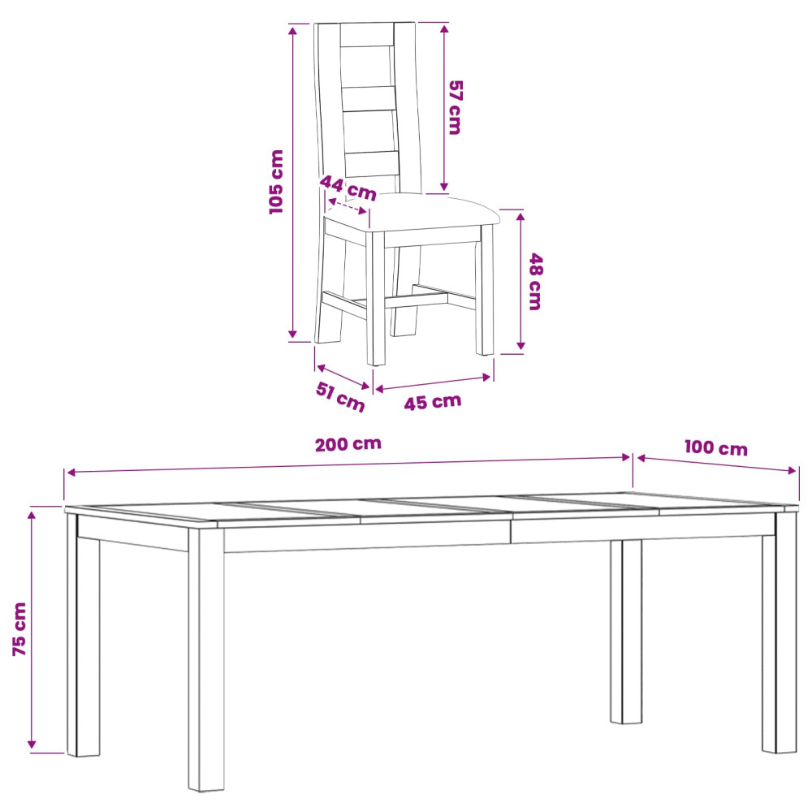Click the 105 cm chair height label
tap(277, 182)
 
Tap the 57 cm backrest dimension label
tap(455, 107)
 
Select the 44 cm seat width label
tap(348, 188)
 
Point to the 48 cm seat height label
tap(535, 282)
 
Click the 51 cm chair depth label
tap(340, 397)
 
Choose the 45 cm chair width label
tap(433, 402)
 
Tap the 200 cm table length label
tap(348, 444)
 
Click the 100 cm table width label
tap(716, 448)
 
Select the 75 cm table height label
tap(19, 629)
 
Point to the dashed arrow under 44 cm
tap(348, 206)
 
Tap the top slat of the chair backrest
tap(367, 35)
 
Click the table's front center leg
tap(206, 659)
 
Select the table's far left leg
tap(83, 634)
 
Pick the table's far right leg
tap(780, 632)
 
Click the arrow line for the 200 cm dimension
tap(349, 464)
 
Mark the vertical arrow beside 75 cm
tap(32, 630)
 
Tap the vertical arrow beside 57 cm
tap(444, 108)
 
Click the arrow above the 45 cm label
tap(433, 382)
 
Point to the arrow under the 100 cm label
tap(717, 464)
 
